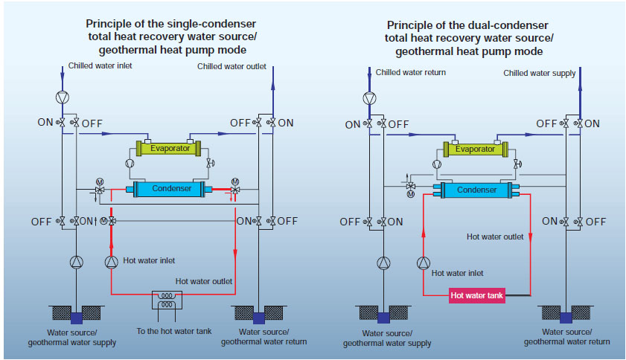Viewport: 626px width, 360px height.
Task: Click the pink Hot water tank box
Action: click(477, 295)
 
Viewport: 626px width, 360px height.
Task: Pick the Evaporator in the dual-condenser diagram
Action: click(475, 149)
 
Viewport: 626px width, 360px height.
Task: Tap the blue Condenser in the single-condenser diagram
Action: click(172, 189)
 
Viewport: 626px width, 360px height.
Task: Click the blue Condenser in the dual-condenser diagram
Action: click(476, 190)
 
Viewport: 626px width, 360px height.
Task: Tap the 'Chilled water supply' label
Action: click(540, 73)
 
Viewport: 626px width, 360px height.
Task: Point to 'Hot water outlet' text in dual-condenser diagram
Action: click(496, 237)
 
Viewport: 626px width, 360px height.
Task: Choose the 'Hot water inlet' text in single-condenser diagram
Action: click(149, 260)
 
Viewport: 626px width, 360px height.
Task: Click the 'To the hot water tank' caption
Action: click(170, 332)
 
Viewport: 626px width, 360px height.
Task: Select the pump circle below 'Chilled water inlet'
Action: click(62, 97)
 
